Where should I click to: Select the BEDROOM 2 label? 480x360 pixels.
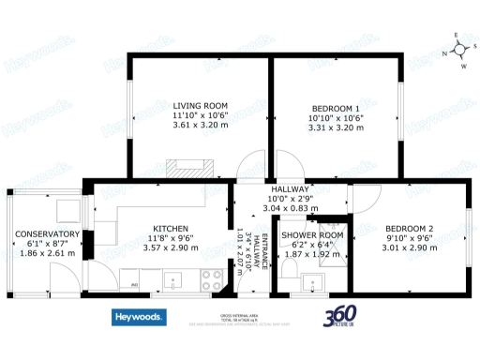[x=410, y=229]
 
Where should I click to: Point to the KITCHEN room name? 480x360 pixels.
[x=172, y=229]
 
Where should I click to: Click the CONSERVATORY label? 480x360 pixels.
[x=47, y=234]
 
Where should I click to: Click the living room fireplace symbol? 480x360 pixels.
[x=190, y=169]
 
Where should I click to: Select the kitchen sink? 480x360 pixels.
[x=174, y=279]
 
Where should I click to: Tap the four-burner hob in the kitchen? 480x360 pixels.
[x=210, y=278]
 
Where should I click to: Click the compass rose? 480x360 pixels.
[x=457, y=52]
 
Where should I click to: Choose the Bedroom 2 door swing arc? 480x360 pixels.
[x=364, y=199]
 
